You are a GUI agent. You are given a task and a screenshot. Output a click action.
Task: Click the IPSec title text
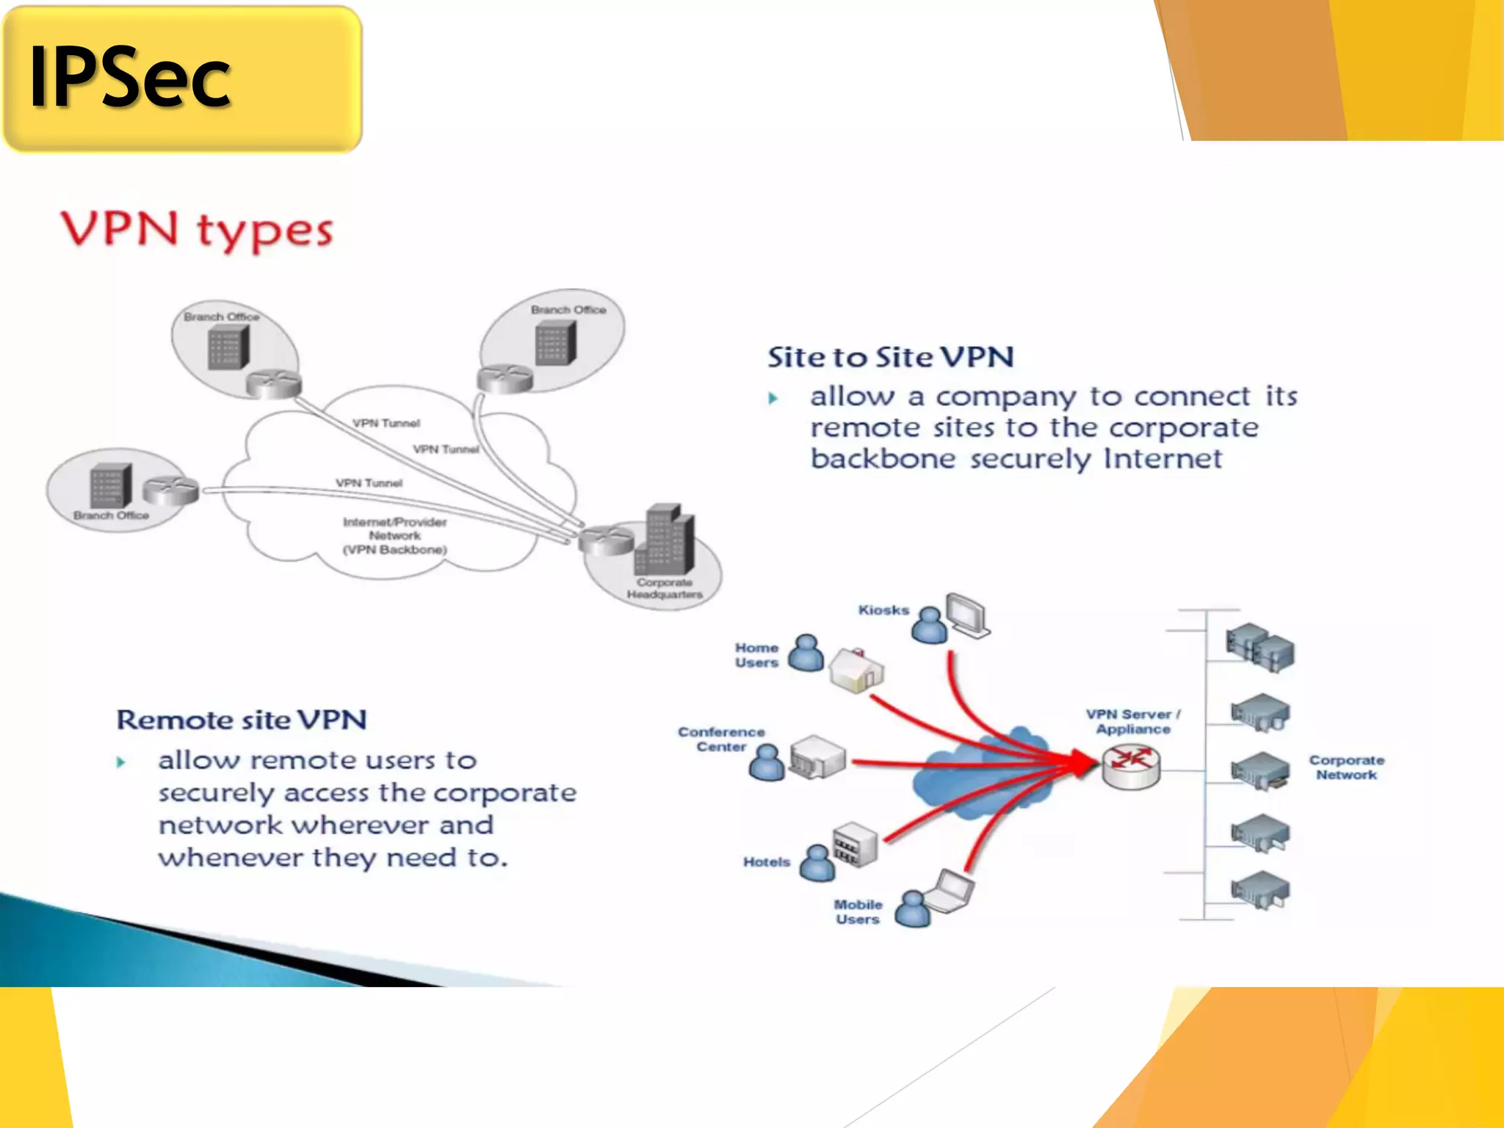[130, 78]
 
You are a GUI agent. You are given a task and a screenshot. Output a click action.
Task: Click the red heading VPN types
[197, 230]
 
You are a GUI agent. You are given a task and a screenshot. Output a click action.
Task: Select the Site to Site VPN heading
[891, 358]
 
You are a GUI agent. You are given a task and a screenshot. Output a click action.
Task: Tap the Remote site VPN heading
[242, 720]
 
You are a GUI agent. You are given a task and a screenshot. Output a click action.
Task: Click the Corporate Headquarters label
[665, 588]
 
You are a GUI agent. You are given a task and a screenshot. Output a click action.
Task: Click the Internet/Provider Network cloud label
[395, 535]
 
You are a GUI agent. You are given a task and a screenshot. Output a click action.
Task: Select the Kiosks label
[883, 610]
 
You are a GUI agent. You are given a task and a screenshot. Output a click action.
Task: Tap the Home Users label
[756, 655]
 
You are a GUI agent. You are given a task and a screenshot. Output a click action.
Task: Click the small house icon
[856, 670]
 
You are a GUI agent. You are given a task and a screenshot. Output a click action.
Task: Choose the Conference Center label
[721, 739]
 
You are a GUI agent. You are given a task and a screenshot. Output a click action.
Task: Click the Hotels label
[767, 862]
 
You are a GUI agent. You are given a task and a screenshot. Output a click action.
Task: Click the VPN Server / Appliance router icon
[1131, 766]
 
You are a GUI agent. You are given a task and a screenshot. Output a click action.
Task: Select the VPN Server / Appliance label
[1133, 721]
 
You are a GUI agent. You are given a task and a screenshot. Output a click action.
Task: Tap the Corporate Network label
[1346, 767]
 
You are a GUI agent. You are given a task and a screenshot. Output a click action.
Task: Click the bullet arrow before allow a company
[773, 399]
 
